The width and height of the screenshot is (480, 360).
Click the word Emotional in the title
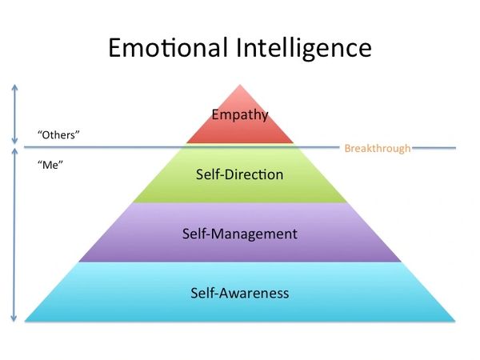coord(168,48)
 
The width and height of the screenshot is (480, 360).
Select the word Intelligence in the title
coord(304,49)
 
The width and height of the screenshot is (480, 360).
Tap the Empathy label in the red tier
coord(240,115)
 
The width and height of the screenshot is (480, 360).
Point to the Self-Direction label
coord(240,174)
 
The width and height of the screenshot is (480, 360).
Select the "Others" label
coord(58,134)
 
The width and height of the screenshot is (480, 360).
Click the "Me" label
coord(50,165)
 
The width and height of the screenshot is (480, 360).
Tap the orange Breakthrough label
coord(378,149)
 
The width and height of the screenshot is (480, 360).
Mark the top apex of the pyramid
coord(240,85)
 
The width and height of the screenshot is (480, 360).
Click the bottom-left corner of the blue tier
coord(25,321)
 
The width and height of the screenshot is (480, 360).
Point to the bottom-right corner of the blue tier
coord(455,321)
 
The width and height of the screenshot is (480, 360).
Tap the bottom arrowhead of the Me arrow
coord(14,319)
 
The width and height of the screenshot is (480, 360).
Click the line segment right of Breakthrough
coord(434,148)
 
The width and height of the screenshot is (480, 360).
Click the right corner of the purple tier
coord(401,262)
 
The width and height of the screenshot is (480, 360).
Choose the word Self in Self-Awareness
coord(203,293)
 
